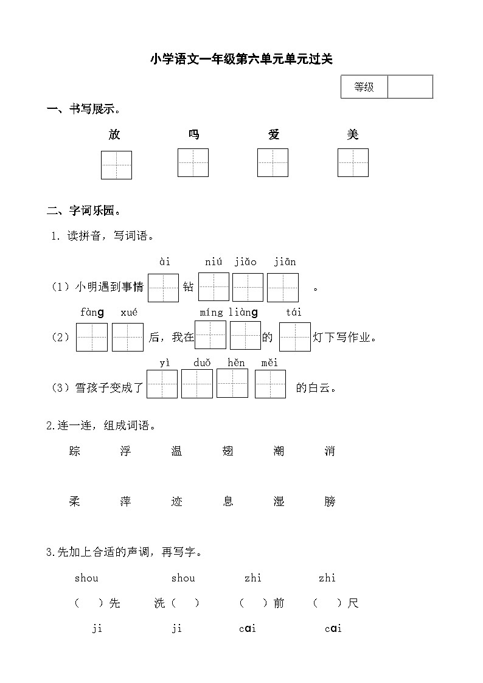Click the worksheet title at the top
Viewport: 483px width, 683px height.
coord(241,59)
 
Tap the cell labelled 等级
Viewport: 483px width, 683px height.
coord(364,87)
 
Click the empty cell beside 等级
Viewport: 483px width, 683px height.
coord(410,87)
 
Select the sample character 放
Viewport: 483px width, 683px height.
coord(114,134)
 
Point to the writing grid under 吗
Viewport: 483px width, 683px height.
coord(193,163)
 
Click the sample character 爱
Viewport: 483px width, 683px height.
coord(274,134)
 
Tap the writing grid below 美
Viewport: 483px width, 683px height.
coord(353,163)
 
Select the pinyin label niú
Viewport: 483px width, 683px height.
coord(214,262)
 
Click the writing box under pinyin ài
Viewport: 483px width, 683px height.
coord(163,288)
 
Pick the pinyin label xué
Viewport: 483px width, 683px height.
coord(129,313)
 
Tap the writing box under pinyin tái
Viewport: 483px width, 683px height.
coord(294,337)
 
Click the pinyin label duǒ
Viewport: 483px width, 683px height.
coord(202,363)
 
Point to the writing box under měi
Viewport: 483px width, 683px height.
coord(270,384)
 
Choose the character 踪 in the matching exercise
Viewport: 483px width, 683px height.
coord(75,451)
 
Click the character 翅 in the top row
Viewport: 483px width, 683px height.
coord(228,451)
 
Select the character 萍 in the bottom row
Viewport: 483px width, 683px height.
coord(126,502)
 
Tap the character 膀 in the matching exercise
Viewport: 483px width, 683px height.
coord(330,502)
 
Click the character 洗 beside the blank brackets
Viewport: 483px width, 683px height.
coord(159,603)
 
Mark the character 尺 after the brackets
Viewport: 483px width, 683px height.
coord(353,603)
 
